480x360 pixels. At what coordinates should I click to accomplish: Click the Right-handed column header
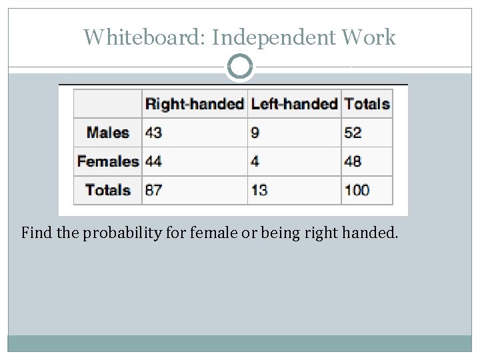click(194, 104)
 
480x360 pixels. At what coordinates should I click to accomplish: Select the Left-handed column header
click(294, 104)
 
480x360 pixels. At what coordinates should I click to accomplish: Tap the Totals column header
click(367, 104)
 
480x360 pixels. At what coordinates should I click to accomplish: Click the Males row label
click(108, 132)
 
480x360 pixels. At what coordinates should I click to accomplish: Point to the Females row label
click(107, 161)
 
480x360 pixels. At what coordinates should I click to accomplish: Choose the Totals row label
click(108, 190)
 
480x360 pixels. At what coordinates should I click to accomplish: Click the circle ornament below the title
click(240, 67)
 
